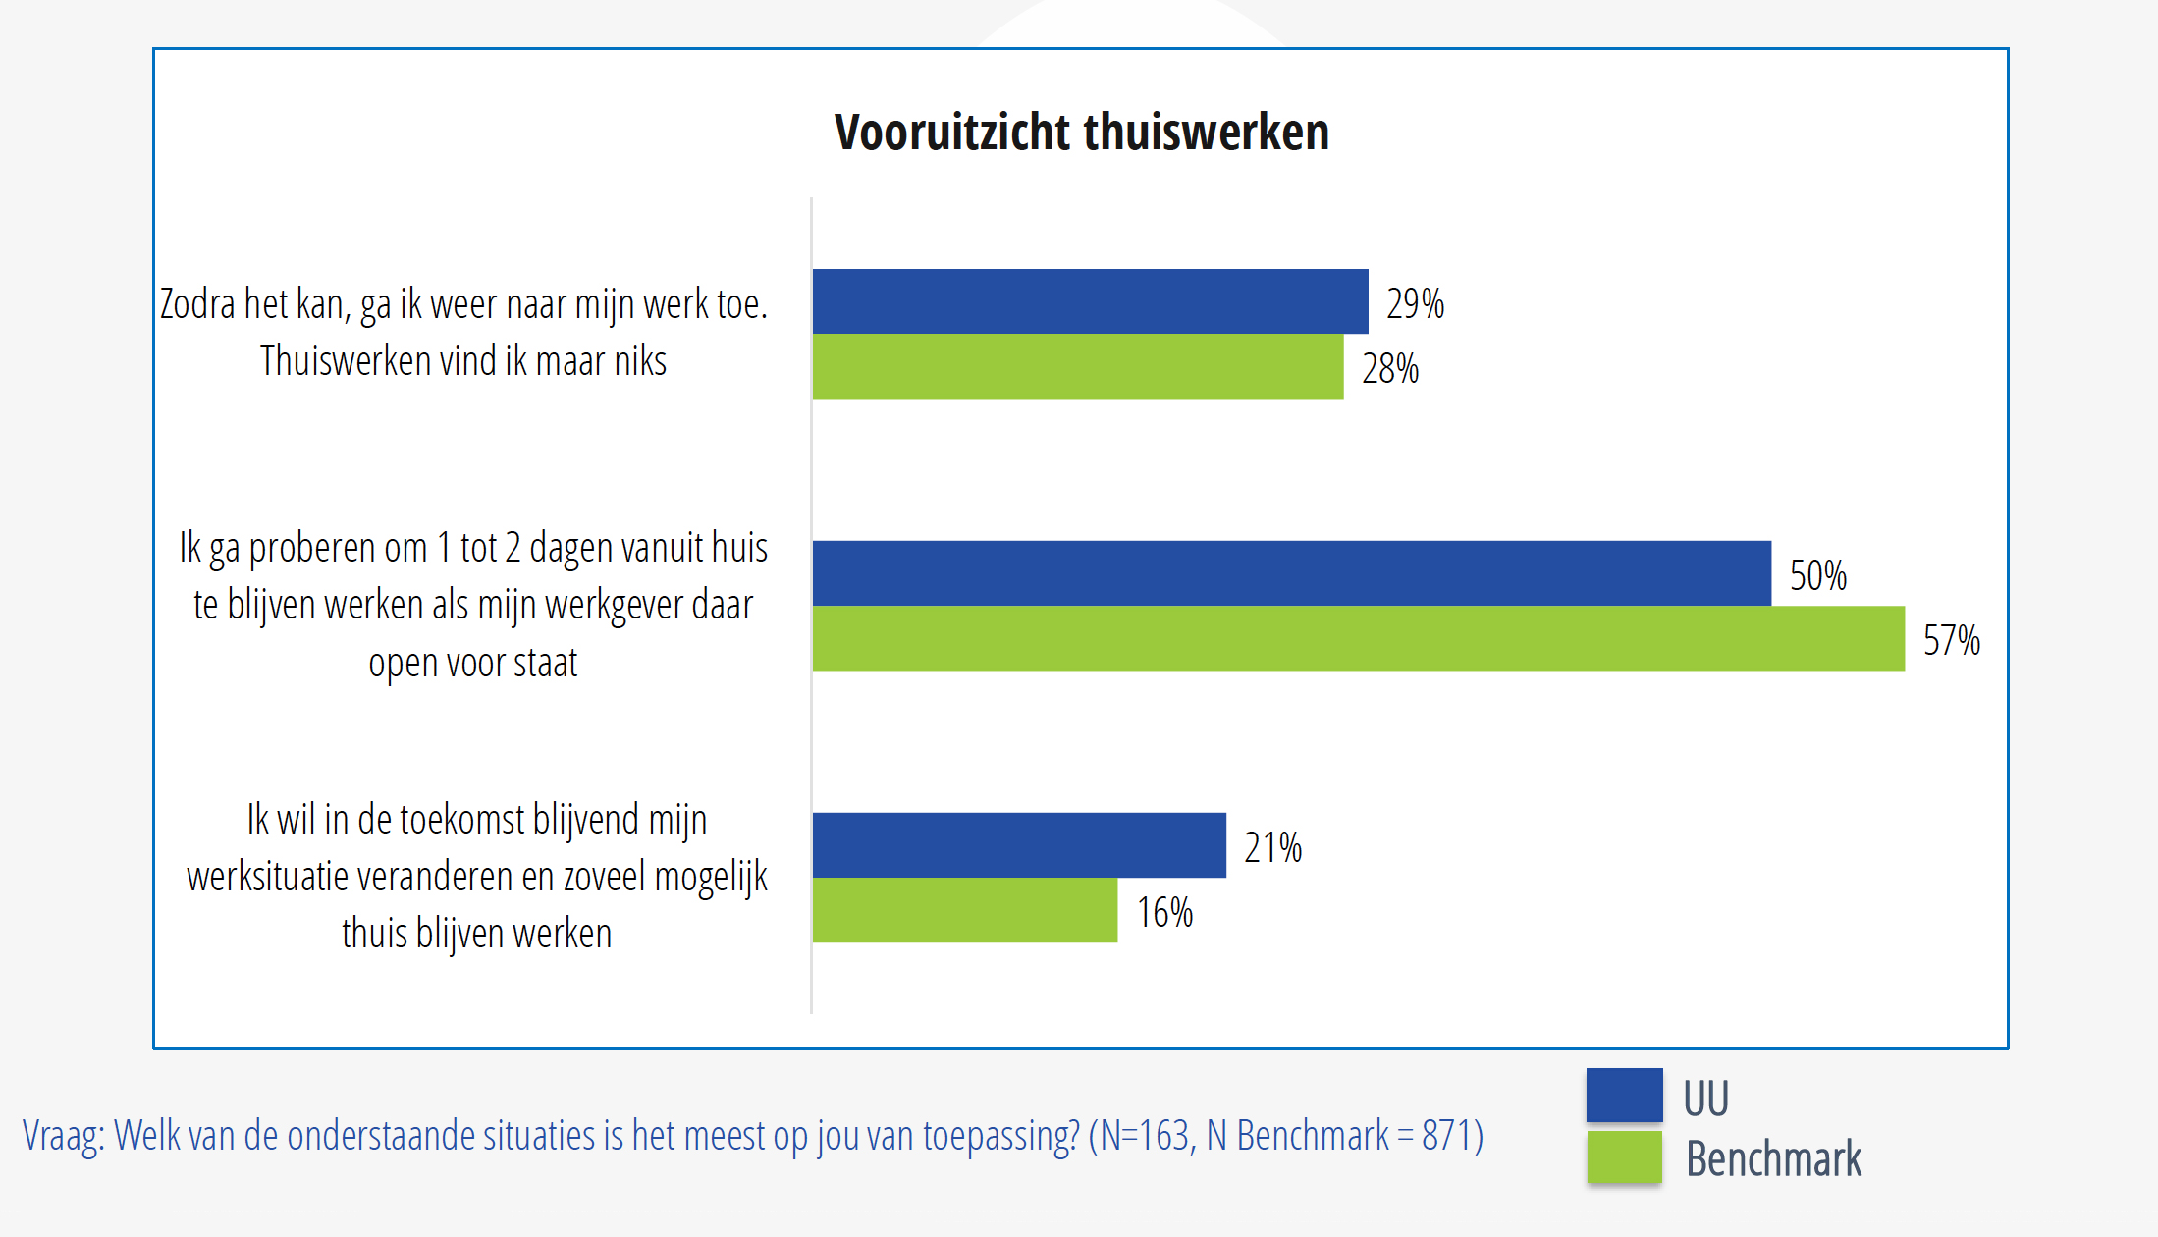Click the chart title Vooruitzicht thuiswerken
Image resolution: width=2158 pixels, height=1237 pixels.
[1081, 133]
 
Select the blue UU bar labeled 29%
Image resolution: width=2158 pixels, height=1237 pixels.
[1090, 301]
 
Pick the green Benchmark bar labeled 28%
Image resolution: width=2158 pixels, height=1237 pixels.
[1077, 366]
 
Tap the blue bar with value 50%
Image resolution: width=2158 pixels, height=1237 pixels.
[1291, 573]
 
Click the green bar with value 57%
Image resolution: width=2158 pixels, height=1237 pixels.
[1358, 638]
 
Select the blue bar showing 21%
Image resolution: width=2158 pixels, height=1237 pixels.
[1019, 845]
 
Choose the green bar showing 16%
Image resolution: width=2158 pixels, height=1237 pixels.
[964, 910]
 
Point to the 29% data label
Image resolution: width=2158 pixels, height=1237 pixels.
[1415, 304]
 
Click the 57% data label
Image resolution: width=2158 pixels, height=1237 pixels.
[1951, 641]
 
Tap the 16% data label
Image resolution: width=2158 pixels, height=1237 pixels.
[1164, 913]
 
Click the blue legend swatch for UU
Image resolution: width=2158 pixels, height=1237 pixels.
[1624, 1095]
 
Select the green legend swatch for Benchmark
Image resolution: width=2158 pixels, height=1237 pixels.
[1624, 1157]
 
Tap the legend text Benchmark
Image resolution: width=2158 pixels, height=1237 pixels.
[1773, 1159]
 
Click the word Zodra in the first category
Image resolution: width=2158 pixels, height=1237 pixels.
[197, 304]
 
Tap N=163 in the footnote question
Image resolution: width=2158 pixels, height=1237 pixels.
[1145, 1136]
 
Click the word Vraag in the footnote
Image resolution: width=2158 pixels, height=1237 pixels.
[62, 1136]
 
